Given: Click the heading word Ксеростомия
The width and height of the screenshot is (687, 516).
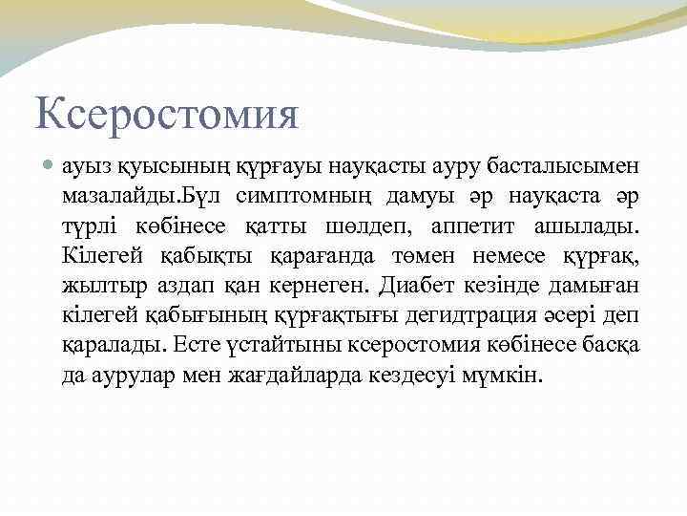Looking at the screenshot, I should tap(167, 116).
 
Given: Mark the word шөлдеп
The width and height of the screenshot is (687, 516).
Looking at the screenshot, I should tap(385, 228).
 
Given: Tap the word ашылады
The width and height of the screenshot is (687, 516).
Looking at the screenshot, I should tap(604, 228).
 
